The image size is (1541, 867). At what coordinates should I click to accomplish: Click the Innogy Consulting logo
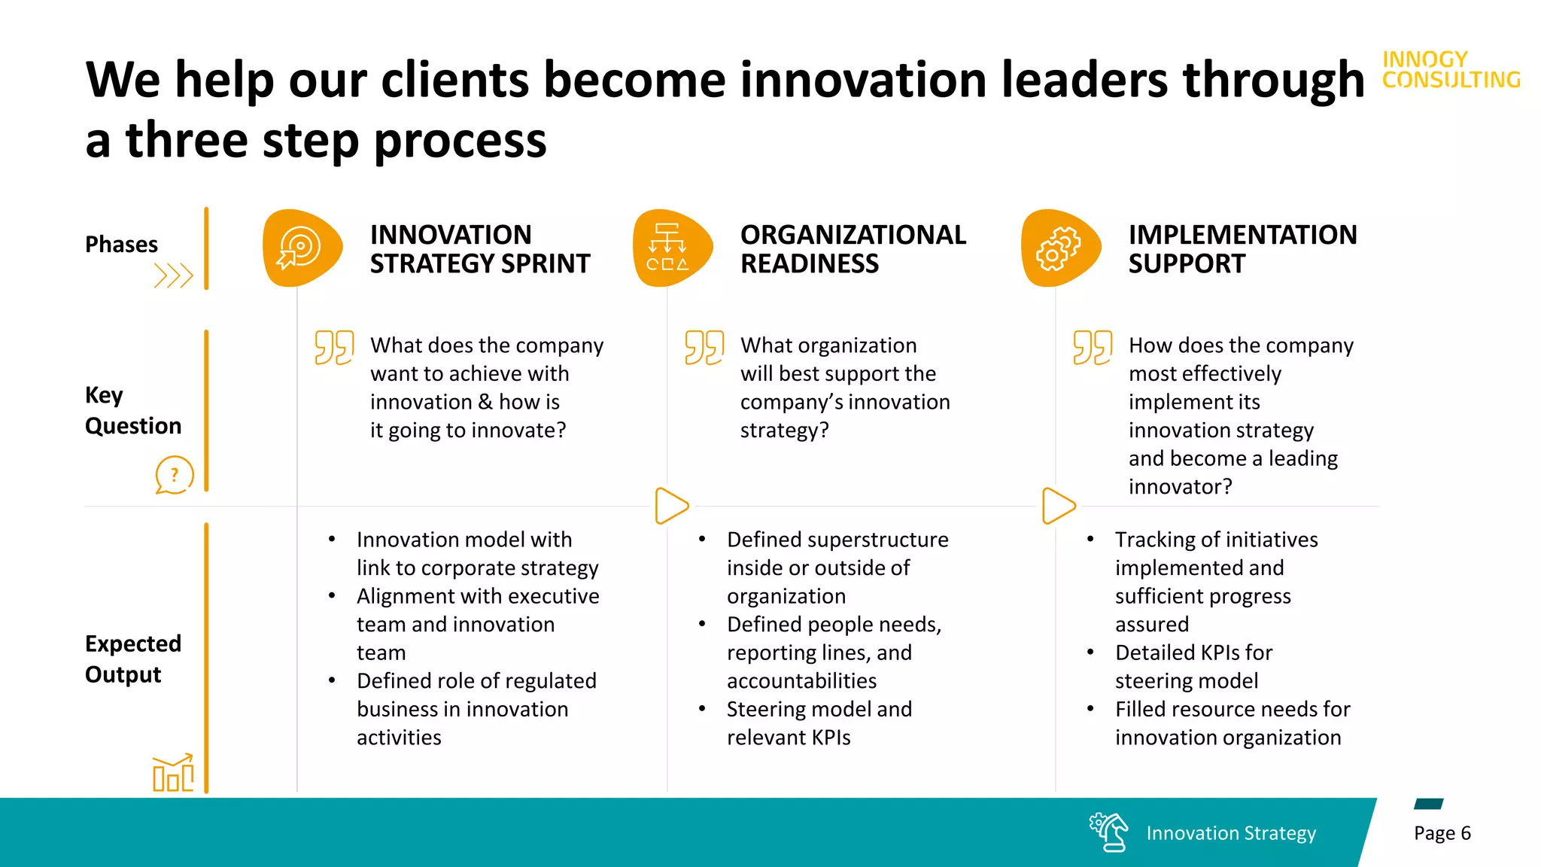1451,70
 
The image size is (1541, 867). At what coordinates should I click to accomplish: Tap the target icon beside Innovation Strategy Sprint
300,248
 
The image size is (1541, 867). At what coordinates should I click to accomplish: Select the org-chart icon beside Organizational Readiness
667,248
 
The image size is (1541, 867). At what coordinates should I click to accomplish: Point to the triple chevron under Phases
174,276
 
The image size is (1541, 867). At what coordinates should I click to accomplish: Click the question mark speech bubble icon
174,475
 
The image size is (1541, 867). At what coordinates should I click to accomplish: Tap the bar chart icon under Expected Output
173,772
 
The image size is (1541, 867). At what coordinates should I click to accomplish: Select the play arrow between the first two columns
671,506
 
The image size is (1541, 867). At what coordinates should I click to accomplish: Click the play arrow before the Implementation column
1058,506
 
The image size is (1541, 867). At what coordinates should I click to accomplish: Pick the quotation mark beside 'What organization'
704,348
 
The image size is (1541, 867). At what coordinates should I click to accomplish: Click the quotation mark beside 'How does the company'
1093,348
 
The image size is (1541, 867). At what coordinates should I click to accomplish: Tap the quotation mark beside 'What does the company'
334,348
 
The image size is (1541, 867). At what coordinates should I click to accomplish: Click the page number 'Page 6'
1442,833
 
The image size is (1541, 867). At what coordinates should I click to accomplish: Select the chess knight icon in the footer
1109,832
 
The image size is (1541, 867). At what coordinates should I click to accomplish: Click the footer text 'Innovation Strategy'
1231,833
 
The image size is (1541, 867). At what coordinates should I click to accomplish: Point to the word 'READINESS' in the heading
810,264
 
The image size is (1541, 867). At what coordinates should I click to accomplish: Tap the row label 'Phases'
121,245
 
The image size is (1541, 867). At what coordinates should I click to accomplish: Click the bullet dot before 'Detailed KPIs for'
1090,652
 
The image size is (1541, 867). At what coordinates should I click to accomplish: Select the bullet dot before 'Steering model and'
702,708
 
